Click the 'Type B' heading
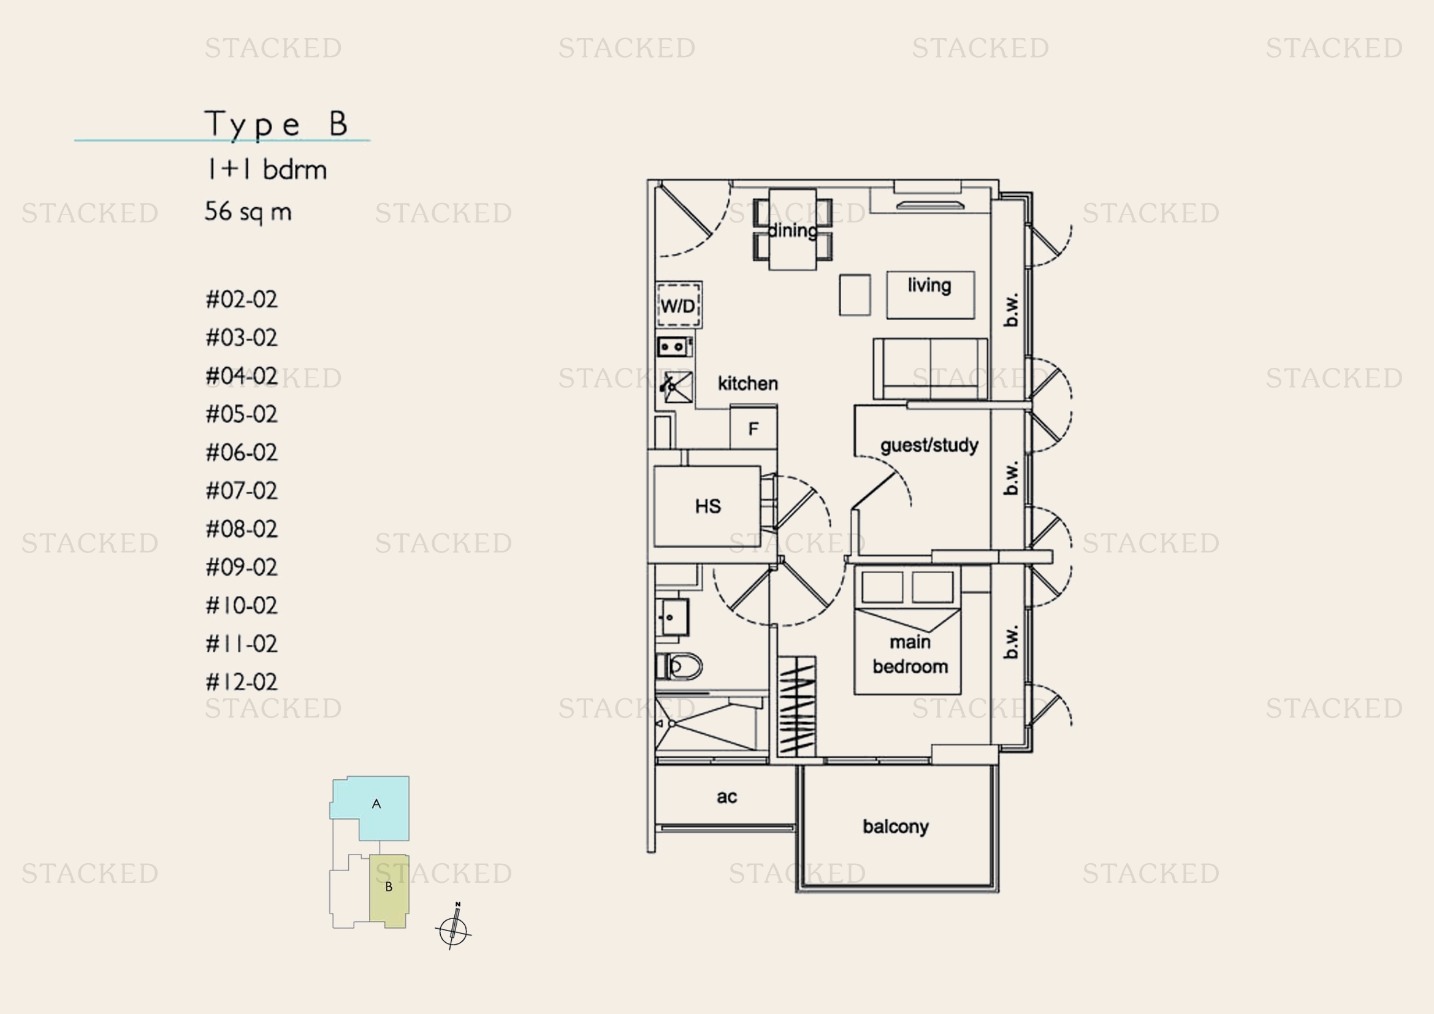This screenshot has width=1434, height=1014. (276, 124)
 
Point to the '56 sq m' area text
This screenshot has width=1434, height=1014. (248, 212)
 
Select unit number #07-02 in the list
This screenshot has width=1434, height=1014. (242, 491)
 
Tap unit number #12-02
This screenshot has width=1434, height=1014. (242, 682)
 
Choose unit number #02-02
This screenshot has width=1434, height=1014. (242, 300)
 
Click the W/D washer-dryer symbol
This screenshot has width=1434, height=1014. (678, 305)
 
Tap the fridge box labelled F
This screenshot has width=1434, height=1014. (754, 428)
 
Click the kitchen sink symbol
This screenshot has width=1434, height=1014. (676, 387)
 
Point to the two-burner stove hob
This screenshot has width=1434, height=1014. (674, 346)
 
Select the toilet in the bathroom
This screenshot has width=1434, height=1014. (679, 666)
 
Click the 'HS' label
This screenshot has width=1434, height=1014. (707, 506)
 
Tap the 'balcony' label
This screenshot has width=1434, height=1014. (896, 826)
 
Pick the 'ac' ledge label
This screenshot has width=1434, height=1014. (727, 797)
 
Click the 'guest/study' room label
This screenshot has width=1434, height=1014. (929, 445)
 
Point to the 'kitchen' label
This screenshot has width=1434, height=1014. (747, 383)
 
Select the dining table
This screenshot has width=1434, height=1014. (793, 229)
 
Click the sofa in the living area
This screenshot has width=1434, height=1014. (930, 368)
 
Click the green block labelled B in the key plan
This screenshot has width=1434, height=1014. (389, 890)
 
